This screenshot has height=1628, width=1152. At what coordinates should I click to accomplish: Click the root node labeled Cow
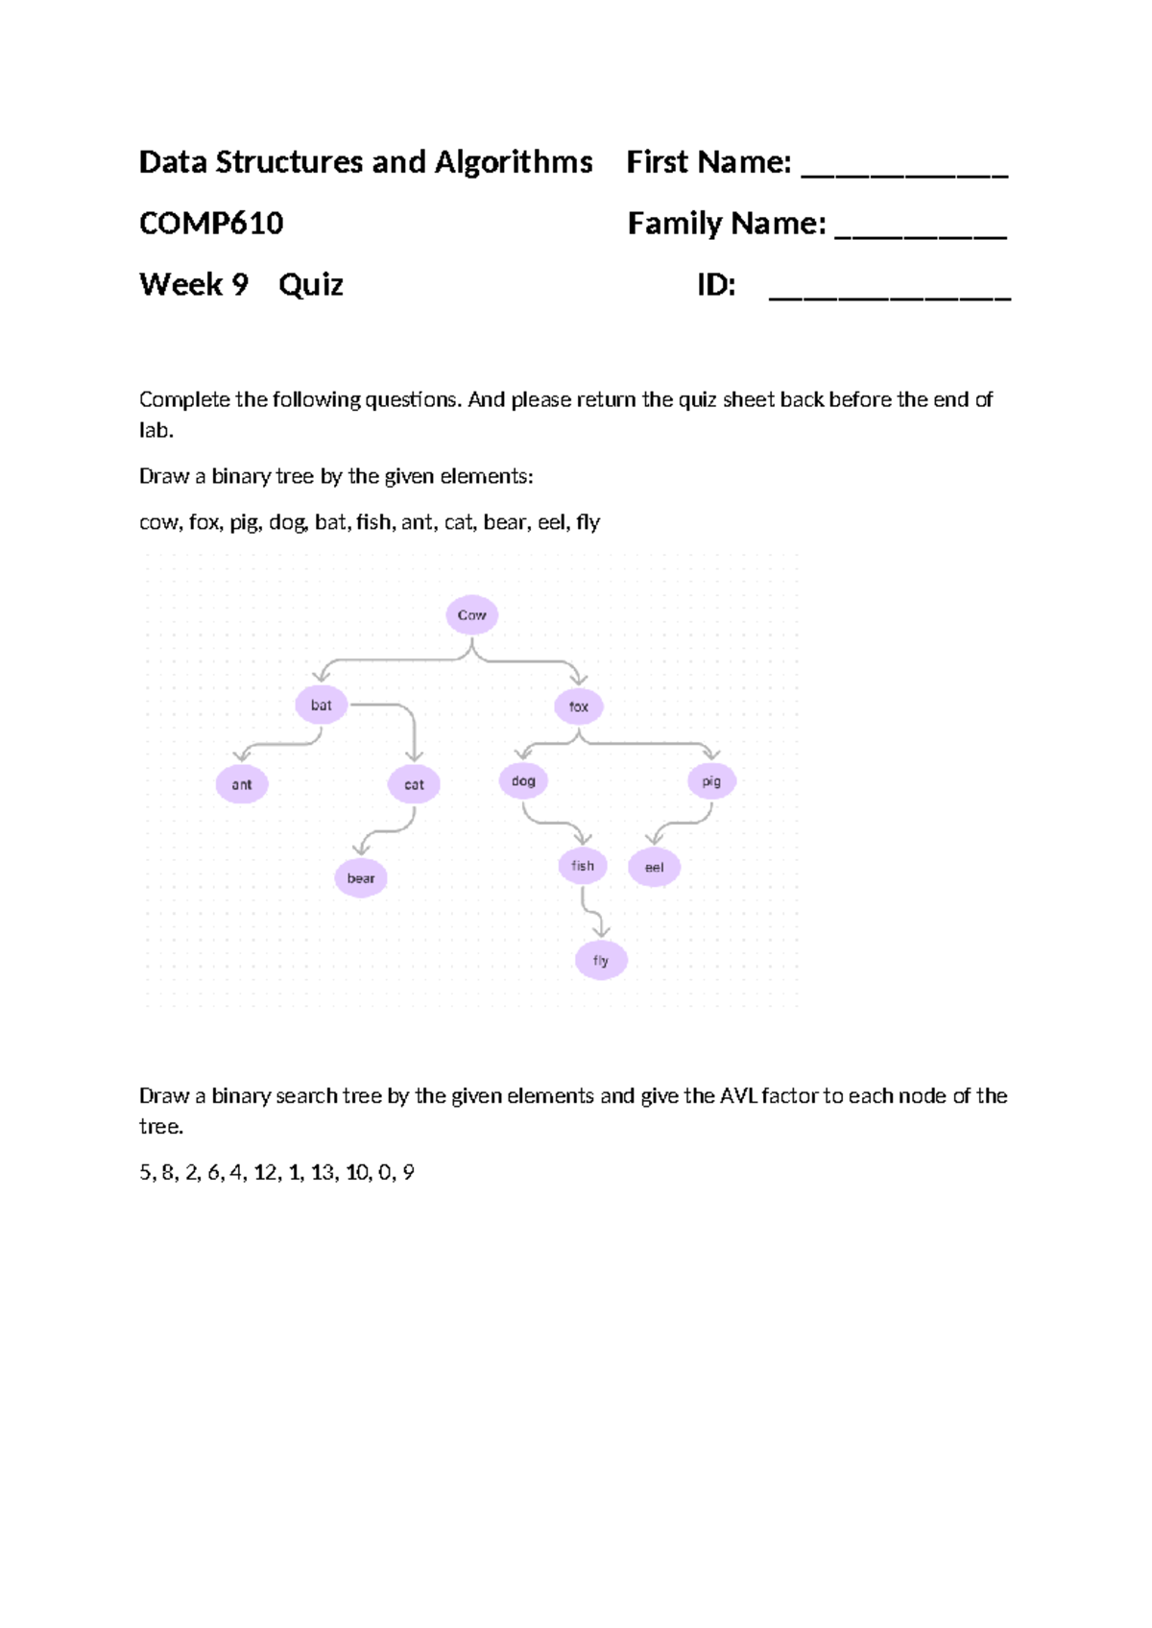pos(471,615)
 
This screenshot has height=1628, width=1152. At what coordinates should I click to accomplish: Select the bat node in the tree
pos(321,706)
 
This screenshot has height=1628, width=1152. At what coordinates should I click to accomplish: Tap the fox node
pos(578,706)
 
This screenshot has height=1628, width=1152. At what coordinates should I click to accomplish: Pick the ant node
pos(242,784)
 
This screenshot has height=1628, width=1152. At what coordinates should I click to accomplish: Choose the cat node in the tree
pos(414,784)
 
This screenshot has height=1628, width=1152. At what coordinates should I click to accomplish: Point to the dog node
pos(523,781)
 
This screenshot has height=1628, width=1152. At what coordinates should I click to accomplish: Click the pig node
pos(711,781)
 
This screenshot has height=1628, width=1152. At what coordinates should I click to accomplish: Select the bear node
pos(361,878)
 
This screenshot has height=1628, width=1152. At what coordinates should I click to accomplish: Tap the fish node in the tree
pos(583,866)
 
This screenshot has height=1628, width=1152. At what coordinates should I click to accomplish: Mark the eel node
pos(654,868)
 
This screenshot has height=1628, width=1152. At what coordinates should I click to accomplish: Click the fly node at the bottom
pos(601,960)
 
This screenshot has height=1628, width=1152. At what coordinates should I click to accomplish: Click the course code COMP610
pos(211,224)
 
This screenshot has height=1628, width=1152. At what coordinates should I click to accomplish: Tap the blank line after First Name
pos(904,170)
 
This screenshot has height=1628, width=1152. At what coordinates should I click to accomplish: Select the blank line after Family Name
pos(921,231)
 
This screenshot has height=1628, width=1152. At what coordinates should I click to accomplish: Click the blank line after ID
pos(890,293)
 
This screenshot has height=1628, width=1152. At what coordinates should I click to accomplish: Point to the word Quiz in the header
pos(311,285)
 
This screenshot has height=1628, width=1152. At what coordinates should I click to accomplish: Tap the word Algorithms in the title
pos(514,162)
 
